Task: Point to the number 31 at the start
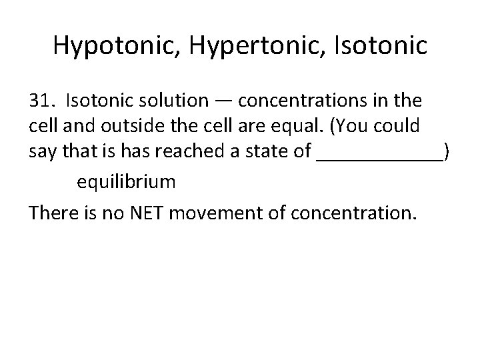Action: click(x=41, y=101)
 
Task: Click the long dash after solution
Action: click(x=223, y=101)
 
